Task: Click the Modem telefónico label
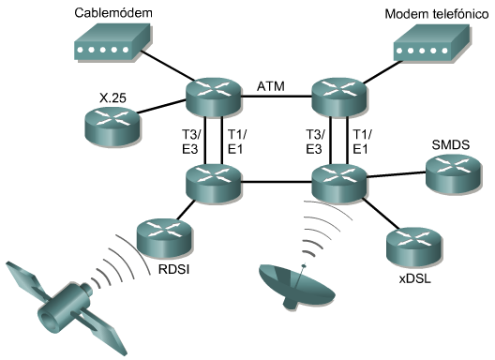click(x=432, y=17)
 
